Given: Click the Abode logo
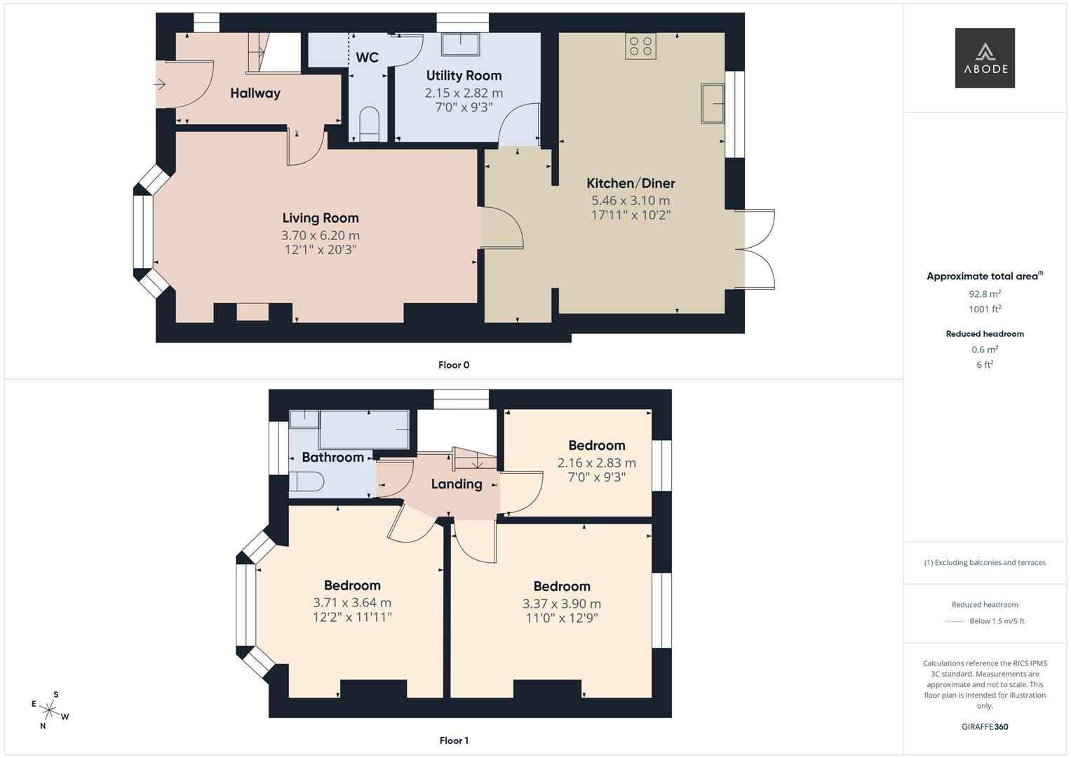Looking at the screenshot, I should point(985,58).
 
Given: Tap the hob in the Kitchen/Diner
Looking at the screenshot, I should point(640,46).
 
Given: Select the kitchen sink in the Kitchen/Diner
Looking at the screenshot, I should point(713,103).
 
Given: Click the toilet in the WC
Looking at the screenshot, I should point(368,124).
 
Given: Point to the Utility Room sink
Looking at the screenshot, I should point(460,44).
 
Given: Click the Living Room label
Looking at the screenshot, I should point(321,218).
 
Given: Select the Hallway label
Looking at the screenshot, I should point(255,93).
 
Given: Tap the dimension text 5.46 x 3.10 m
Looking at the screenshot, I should point(631,201).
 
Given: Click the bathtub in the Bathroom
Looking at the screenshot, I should point(363,430).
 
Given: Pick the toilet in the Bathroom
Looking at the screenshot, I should point(307,481).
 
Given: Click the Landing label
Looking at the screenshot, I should point(457,484).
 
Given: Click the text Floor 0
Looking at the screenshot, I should point(454,365).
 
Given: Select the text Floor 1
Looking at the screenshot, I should point(454,740).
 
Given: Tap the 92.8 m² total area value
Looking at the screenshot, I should point(985,294).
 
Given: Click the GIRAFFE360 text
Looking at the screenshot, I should point(985,726).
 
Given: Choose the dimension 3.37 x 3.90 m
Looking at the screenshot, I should point(561,604).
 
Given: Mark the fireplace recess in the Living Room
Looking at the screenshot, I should point(252,312).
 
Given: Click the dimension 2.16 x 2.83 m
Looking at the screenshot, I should point(596,463).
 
